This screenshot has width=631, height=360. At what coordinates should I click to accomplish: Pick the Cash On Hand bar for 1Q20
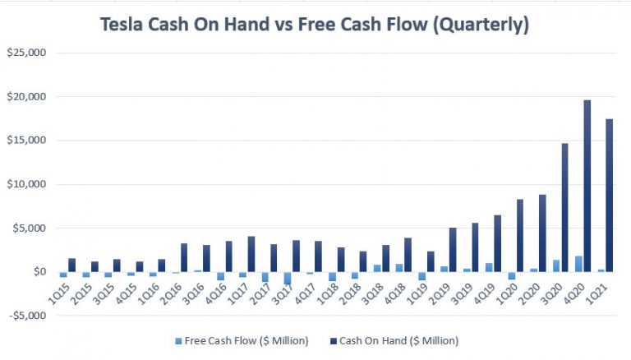(x=520, y=235)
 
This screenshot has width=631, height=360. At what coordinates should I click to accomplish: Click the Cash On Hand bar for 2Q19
(x=453, y=250)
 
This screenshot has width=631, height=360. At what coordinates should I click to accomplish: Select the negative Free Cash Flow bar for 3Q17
(x=288, y=278)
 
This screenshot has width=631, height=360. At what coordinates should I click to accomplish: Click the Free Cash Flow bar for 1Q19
(x=422, y=276)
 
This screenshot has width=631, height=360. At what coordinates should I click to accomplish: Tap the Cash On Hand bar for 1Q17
(x=251, y=254)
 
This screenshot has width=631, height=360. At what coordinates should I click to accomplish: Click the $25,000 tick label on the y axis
(x=28, y=53)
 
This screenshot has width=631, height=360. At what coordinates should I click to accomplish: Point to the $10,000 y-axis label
(x=28, y=184)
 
